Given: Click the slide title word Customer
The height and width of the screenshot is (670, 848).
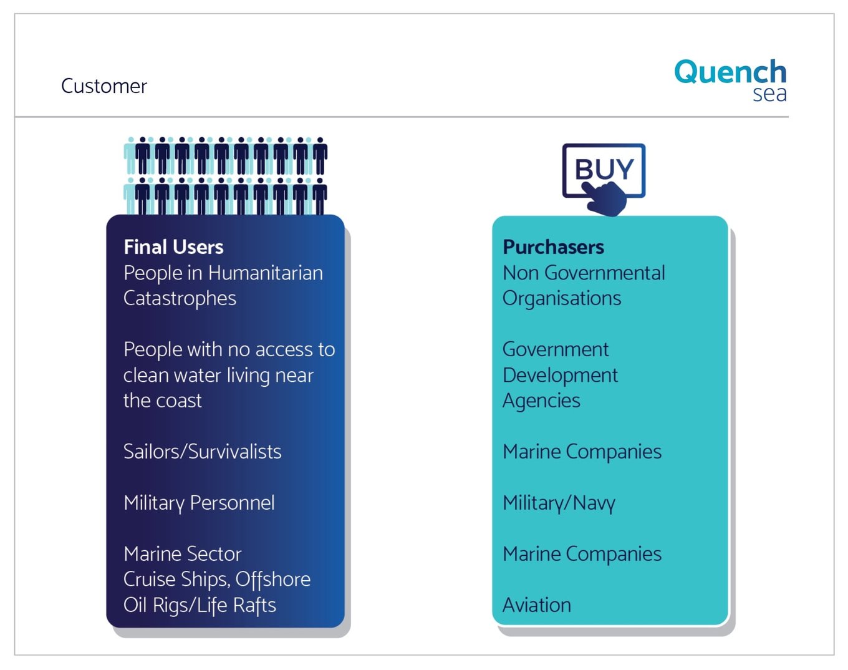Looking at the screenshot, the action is (104, 86).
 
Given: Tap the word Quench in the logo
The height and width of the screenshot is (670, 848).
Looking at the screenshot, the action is (730, 72).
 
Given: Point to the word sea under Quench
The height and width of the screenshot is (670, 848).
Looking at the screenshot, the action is (769, 95).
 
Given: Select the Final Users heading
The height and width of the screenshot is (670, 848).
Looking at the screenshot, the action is (173, 247).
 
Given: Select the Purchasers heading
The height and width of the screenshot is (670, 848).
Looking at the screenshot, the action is (553, 247).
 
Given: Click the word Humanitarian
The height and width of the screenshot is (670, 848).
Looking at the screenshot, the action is (265, 273).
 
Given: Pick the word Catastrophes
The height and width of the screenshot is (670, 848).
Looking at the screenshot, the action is (180, 299).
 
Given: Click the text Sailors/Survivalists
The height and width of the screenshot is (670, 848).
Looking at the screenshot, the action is (203, 452).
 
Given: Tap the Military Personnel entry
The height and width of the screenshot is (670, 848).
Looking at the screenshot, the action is (199, 503).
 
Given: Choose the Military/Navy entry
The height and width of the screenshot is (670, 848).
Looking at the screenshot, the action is (559, 503).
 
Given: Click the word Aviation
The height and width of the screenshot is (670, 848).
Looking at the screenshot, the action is (537, 605).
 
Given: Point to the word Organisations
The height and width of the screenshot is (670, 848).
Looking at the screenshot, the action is (562, 299).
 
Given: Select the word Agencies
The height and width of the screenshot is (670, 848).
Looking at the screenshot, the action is (541, 401).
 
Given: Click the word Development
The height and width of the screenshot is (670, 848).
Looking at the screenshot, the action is (561, 376).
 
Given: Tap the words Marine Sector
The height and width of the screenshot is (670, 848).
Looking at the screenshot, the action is (183, 554).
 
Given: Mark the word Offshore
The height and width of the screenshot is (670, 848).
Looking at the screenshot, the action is (273, 580).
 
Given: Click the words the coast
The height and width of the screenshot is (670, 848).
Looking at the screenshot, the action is (162, 401).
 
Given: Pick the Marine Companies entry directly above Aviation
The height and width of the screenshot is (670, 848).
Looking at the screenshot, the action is (582, 554).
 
